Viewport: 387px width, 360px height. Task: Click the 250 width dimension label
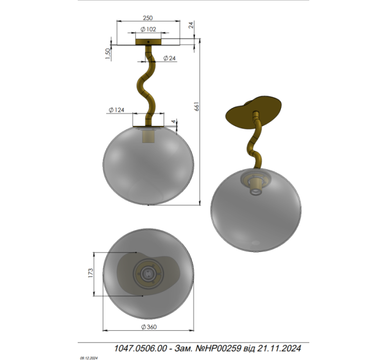tap(148, 18)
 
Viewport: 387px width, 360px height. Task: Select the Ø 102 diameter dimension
tap(148, 29)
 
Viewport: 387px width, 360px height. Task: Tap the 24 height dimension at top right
tap(191, 25)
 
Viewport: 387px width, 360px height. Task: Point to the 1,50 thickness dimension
tap(108, 53)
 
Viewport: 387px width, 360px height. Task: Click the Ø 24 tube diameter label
tap(169, 58)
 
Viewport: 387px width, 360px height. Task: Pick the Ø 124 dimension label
tap(116, 110)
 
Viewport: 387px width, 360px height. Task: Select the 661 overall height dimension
tap(197, 106)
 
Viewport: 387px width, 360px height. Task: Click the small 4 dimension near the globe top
tap(174, 121)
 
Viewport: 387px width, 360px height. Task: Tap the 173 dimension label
tap(91, 273)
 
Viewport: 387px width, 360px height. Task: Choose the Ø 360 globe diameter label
tap(149, 327)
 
